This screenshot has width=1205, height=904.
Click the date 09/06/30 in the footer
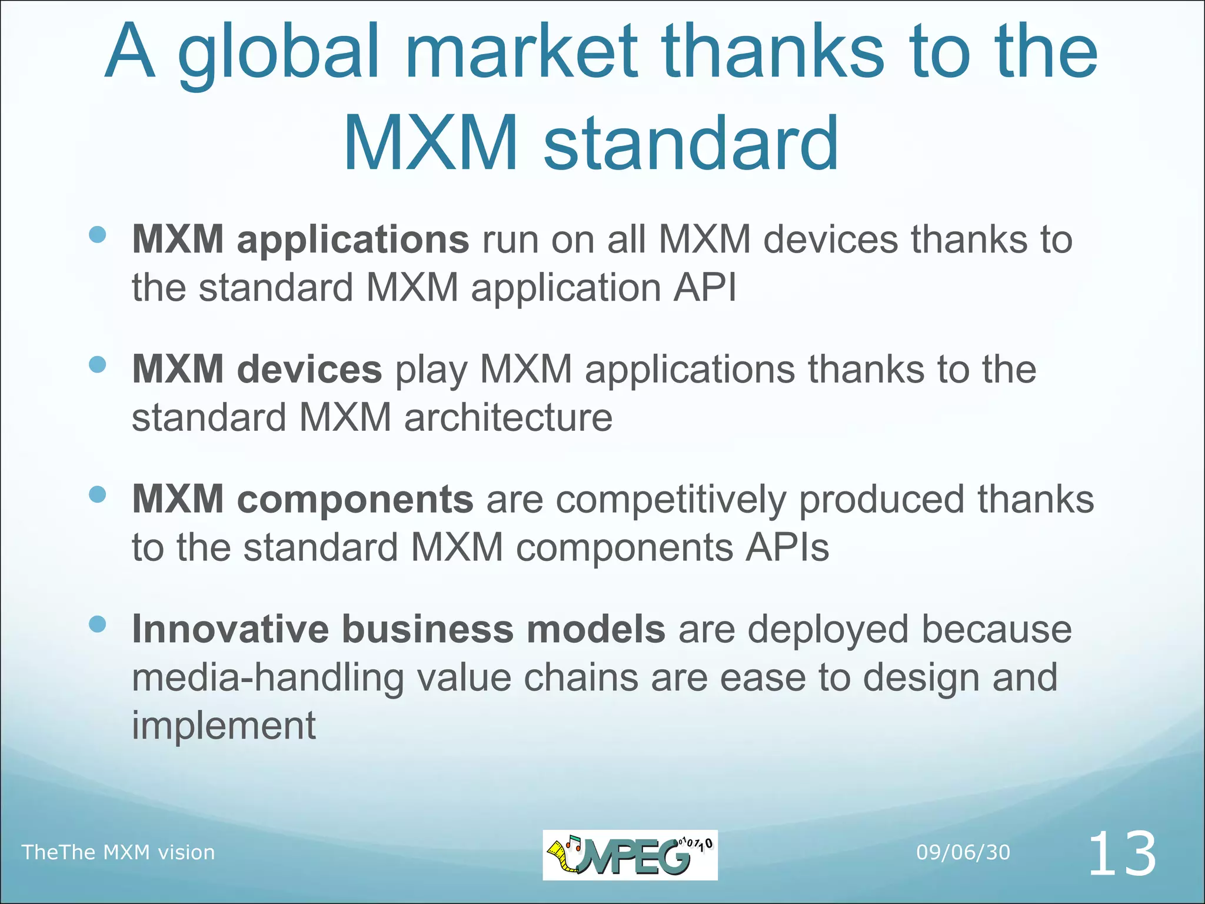point(963,852)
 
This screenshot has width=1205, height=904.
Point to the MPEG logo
point(630,855)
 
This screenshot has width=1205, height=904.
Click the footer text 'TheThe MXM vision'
point(118,852)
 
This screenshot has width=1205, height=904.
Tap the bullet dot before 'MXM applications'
point(97,235)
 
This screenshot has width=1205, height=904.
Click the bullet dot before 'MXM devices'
point(97,364)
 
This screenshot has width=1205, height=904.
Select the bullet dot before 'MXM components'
point(97,494)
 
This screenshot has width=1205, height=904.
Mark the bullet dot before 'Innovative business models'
point(97,624)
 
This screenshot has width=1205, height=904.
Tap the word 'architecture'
point(508,418)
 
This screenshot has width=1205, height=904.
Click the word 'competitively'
point(671,500)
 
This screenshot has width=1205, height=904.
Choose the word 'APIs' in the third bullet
point(787,548)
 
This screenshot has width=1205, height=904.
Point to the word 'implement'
point(224,726)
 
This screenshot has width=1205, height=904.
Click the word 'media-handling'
point(268,677)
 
